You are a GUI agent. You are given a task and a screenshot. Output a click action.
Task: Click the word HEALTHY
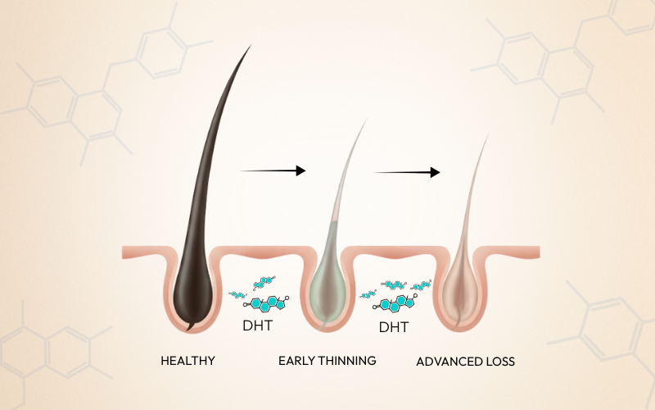(187, 360)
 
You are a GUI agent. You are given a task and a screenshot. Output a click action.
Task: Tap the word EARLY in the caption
(296, 360)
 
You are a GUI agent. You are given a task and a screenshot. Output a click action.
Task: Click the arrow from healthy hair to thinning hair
(273, 171)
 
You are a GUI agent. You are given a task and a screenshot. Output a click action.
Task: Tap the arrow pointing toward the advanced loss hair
(407, 172)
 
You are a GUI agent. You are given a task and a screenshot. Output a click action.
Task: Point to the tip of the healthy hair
(251, 45)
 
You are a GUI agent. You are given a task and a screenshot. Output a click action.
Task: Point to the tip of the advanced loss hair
(488, 134)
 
